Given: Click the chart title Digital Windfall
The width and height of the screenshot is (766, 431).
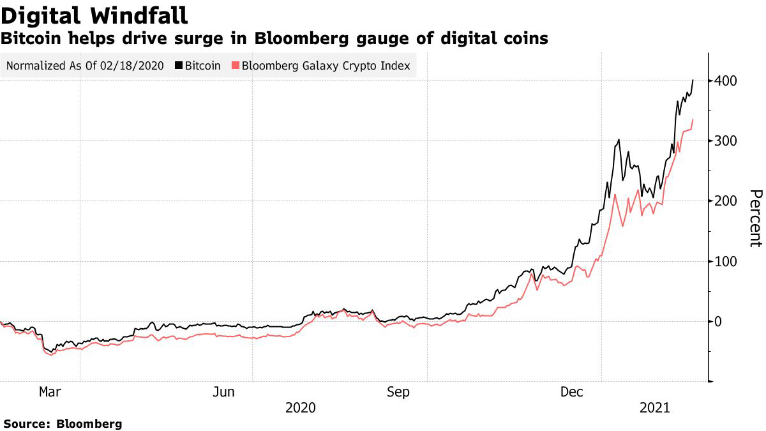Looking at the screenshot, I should (x=94, y=15).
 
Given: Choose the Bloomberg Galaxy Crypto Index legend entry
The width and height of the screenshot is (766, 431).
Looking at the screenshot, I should (x=326, y=66).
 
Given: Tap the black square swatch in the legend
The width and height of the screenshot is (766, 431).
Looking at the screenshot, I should (x=179, y=66).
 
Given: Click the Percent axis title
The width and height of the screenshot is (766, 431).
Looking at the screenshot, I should (x=755, y=218).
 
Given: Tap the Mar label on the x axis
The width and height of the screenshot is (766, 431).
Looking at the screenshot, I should (x=50, y=392).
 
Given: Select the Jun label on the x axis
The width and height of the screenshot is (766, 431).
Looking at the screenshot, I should (x=224, y=392).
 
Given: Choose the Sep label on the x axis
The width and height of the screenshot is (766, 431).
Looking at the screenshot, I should (x=398, y=392).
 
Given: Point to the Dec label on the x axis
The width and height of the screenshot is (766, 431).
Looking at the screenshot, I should (x=571, y=392).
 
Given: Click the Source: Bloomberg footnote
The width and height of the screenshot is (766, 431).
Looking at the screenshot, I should (x=63, y=423).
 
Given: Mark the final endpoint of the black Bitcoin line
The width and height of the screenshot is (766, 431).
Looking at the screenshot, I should (x=693, y=80).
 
